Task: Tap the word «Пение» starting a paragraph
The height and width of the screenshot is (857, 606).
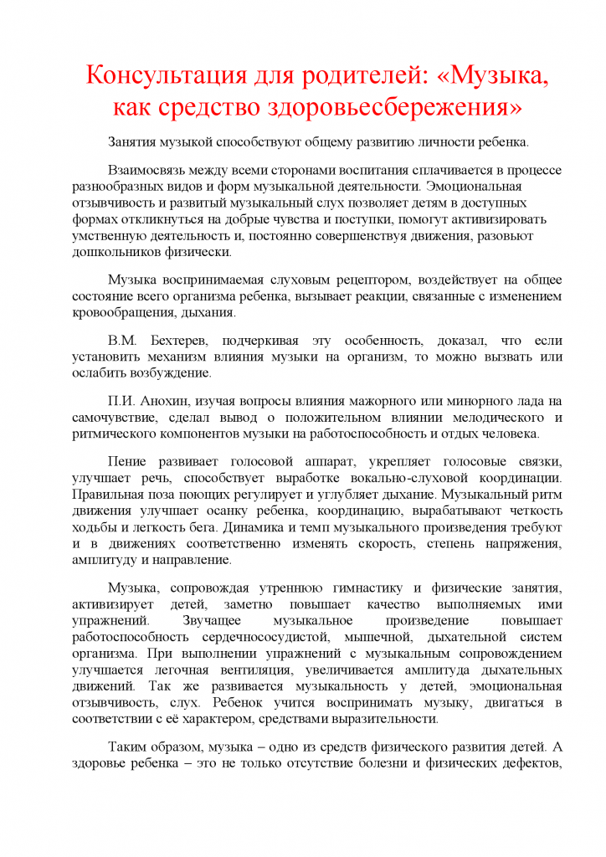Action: [x=127, y=461]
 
